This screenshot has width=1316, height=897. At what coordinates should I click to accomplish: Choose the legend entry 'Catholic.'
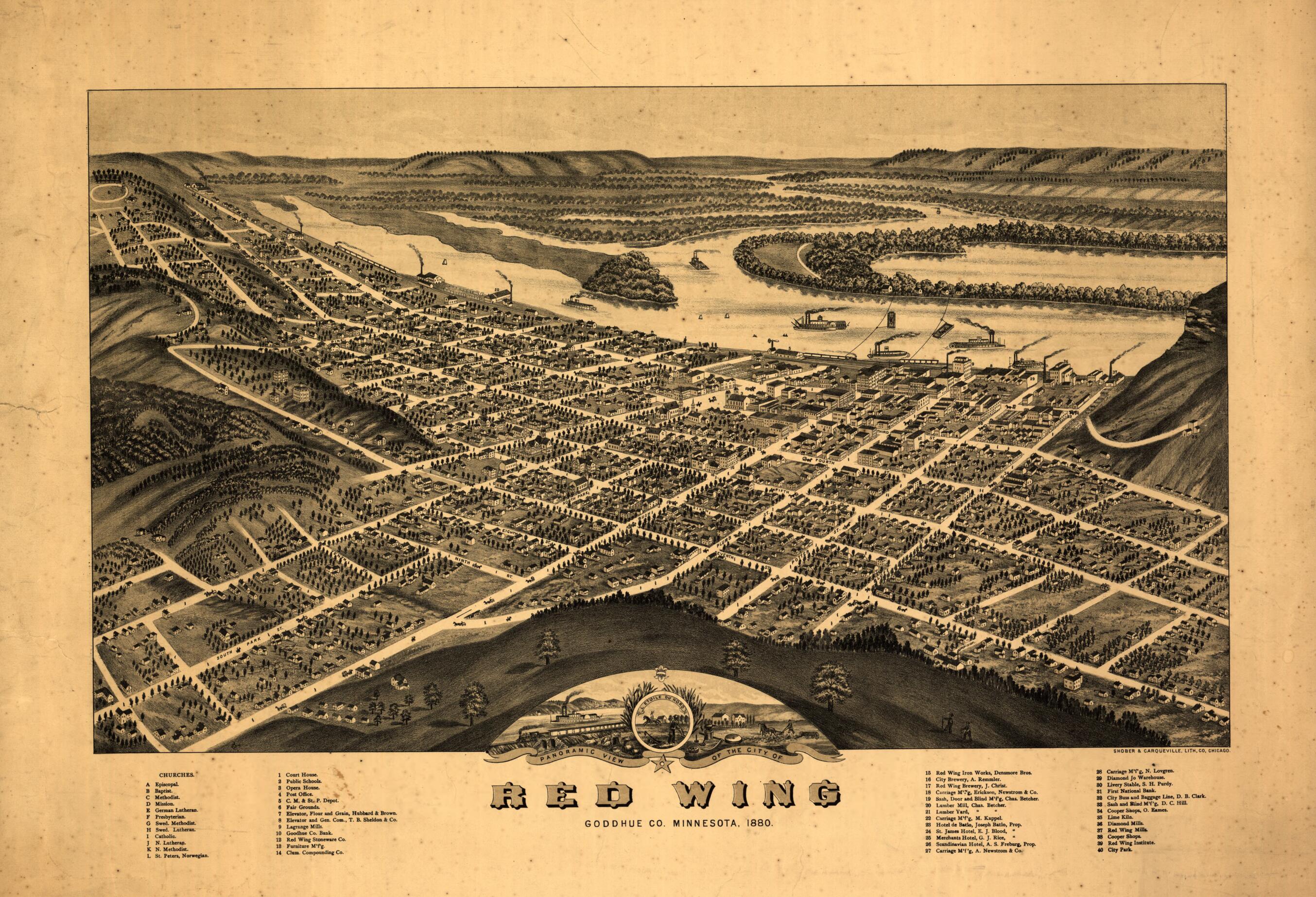pos(164,836)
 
